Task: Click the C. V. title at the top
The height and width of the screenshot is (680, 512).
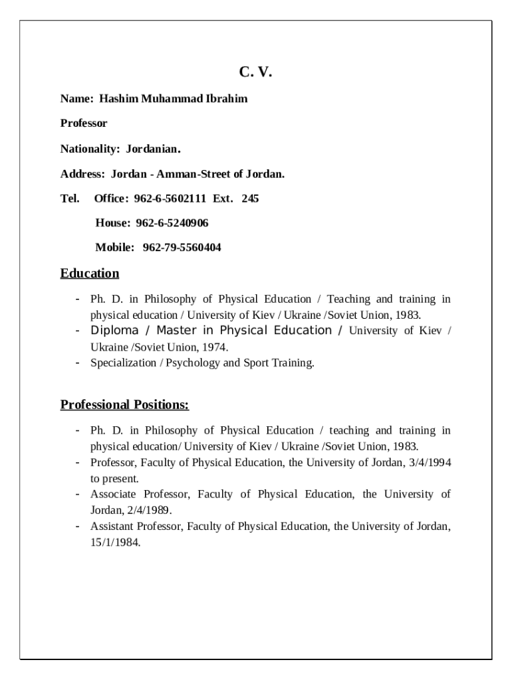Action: [256, 72]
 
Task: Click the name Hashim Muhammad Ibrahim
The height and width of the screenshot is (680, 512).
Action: [173, 99]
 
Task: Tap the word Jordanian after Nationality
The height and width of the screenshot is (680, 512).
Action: [154, 149]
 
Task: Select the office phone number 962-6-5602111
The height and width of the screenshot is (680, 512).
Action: [170, 199]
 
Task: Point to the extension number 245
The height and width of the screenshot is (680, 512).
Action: [250, 199]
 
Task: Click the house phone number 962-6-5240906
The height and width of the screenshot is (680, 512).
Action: [172, 223]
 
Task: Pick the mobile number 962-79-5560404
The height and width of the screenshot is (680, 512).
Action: [182, 248]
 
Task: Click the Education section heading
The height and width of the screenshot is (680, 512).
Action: [90, 274]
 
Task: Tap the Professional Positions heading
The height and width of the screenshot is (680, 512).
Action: [124, 405]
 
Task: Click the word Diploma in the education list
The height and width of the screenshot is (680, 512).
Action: [114, 331]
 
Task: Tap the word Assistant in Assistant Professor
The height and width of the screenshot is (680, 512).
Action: [112, 527]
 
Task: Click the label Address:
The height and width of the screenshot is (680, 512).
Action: [82, 174]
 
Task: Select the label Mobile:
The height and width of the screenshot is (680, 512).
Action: [115, 248]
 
